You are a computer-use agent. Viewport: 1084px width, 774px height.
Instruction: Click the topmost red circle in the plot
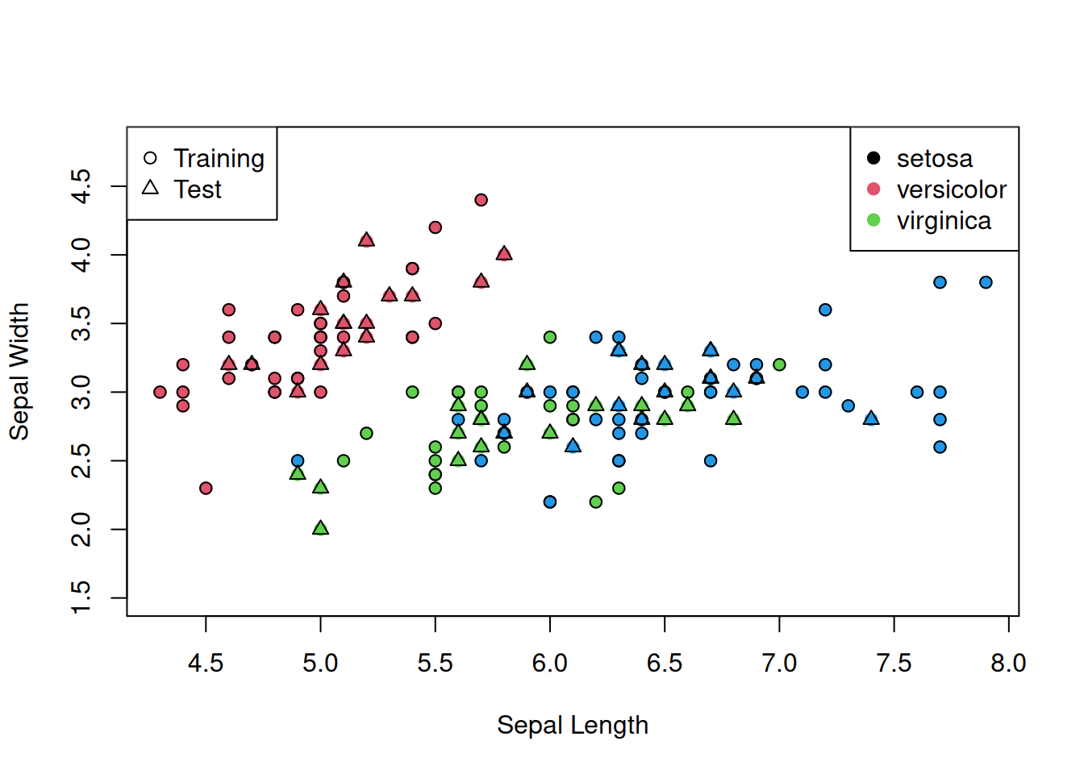pyautogui.click(x=481, y=200)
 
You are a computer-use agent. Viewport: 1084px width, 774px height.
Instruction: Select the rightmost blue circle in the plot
pyautogui.click(x=986, y=282)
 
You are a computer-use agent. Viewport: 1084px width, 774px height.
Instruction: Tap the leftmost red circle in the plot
pyautogui.click(x=160, y=392)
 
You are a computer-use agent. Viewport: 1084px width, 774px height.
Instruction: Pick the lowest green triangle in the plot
pyautogui.click(x=320, y=528)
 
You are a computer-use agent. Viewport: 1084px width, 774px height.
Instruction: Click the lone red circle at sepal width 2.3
pyautogui.click(x=206, y=488)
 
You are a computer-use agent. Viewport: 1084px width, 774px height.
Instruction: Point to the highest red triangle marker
pyautogui.click(x=366, y=240)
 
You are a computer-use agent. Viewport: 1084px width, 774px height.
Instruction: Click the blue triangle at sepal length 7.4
pyautogui.click(x=870, y=418)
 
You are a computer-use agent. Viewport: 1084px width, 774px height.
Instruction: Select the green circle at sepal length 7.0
pyautogui.click(x=779, y=364)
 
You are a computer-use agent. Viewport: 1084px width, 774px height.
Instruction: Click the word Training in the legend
pyautogui.click(x=219, y=159)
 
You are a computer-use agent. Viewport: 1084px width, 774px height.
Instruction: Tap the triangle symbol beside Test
pyautogui.click(x=150, y=188)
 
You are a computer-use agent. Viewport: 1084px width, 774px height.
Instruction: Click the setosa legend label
pyautogui.click(x=934, y=159)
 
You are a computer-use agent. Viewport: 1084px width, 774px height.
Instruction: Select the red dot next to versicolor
pyautogui.click(x=873, y=189)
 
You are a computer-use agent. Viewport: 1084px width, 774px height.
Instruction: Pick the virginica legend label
pyautogui.click(x=944, y=221)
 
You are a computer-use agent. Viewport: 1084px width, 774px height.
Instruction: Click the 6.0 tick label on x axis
pyautogui.click(x=549, y=664)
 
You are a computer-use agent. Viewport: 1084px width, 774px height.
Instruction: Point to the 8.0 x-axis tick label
pyautogui.click(x=1008, y=664)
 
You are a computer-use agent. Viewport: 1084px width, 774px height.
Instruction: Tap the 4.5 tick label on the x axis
pyautogui.click(x=206, y=664)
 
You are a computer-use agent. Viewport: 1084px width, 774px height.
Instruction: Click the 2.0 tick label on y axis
pyautogui.click(x=81, y=530)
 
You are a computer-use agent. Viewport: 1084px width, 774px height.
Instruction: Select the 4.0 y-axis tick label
pyautogui.click(x=81, y=255)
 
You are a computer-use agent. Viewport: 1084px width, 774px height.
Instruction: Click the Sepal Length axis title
pyautogui.click(x=572, y=725)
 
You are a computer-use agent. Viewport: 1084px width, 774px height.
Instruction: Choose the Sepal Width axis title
pyautogui.click(x=19, y=372)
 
